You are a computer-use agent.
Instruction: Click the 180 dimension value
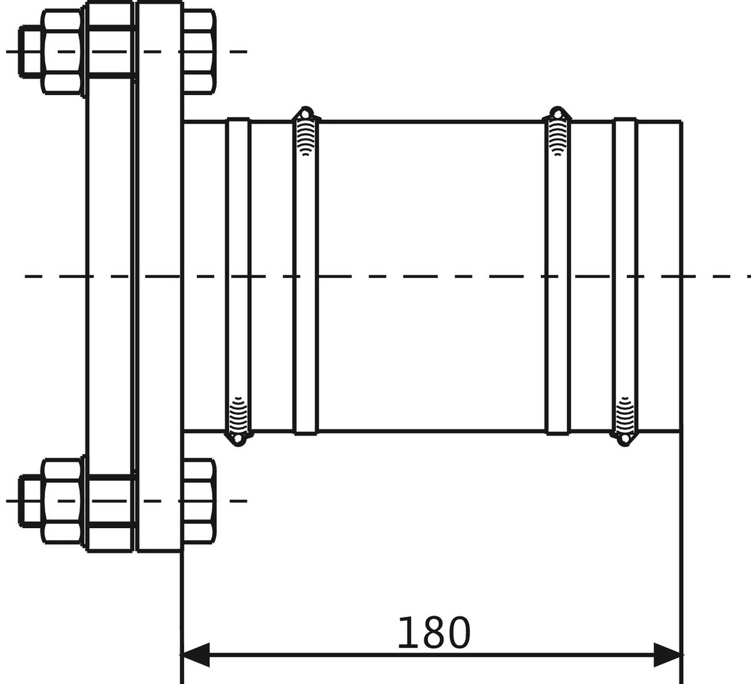434,633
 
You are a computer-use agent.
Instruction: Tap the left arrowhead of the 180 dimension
196,654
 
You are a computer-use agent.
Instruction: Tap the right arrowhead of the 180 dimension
667,654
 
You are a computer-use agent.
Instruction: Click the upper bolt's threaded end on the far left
30,51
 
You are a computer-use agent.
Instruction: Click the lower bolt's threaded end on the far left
30,500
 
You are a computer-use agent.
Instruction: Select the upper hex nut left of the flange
62,51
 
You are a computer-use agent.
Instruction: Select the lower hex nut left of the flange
62,500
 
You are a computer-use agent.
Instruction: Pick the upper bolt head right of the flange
199,51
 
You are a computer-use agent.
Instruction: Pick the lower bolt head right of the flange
199,500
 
